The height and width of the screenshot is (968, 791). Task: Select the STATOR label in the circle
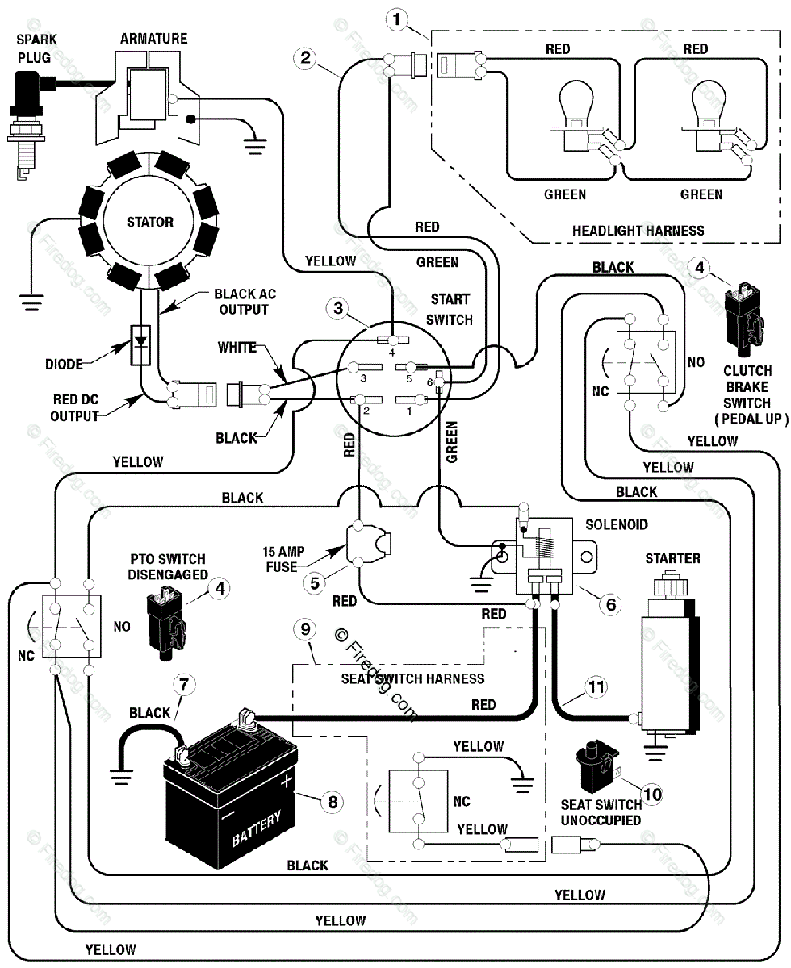pos(150,222)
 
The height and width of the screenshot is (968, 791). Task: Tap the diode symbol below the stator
pos(140,345)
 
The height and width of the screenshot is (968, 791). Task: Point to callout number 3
pos(338,307)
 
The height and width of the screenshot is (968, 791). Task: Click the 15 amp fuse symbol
pos(368,544)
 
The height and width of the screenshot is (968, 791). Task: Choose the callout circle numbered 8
pos(333,802)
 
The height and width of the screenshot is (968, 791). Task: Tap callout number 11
pos(596,686)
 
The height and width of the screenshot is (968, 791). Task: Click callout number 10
pos(653,794)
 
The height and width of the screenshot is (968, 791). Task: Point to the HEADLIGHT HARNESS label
pos(638,231)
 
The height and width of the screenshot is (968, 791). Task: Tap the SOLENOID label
pos(617,524)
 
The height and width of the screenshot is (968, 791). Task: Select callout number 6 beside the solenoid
pos(611,604)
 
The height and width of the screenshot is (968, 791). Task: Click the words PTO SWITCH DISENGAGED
pos(168,566)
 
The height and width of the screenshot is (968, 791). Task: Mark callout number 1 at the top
pos(397,19)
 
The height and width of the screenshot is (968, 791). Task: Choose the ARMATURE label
pos(154,39)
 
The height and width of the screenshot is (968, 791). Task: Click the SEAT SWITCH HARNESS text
pos(412,678)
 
